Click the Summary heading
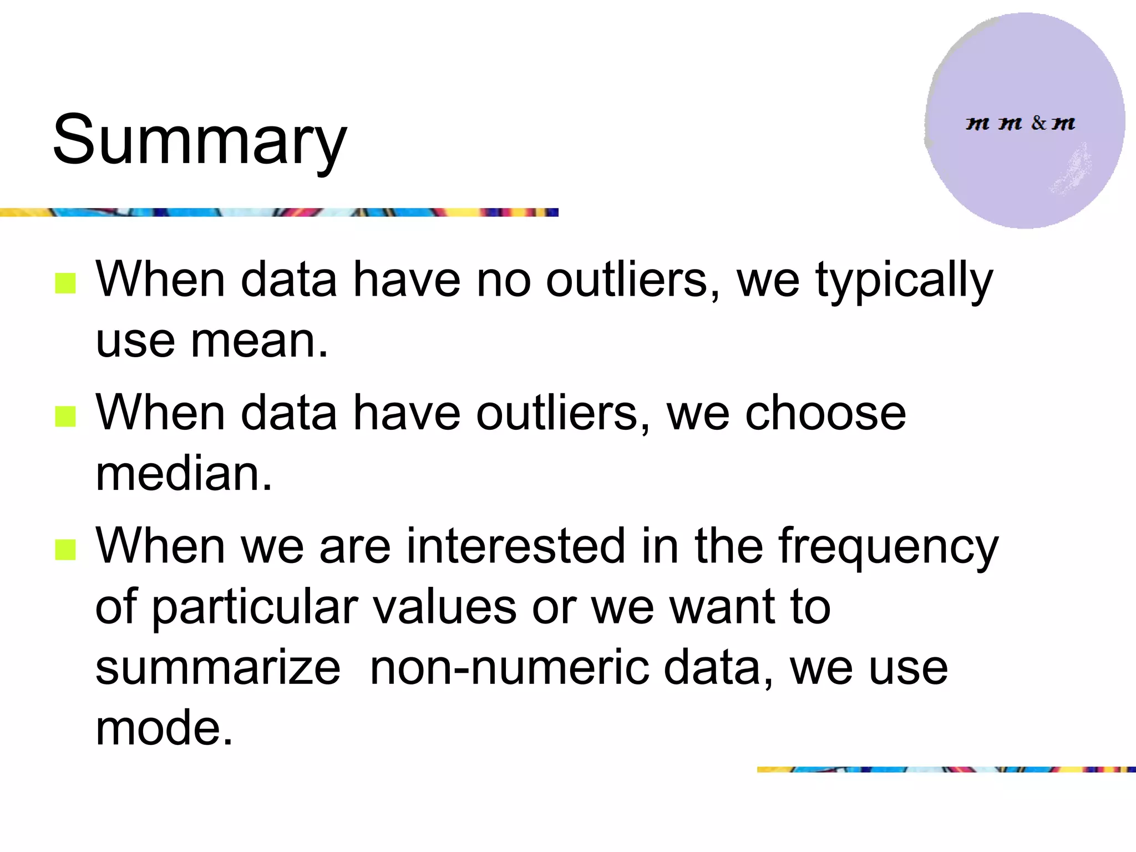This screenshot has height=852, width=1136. (x=200, y=140)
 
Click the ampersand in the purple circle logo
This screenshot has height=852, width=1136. (x=1038, y=123)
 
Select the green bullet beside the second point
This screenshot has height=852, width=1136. (x=65, y=417)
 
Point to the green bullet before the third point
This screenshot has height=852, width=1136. (x=65, y=550)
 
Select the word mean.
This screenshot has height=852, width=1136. (x=259, y=341)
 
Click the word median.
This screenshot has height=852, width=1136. (x=184, y=475)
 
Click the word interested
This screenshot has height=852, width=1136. (x=516, y=546)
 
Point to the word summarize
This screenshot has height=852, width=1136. (x=218, y=668)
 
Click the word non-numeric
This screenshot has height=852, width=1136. (x=509, y=668)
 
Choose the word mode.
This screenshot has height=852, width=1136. (x=164, y=728)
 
